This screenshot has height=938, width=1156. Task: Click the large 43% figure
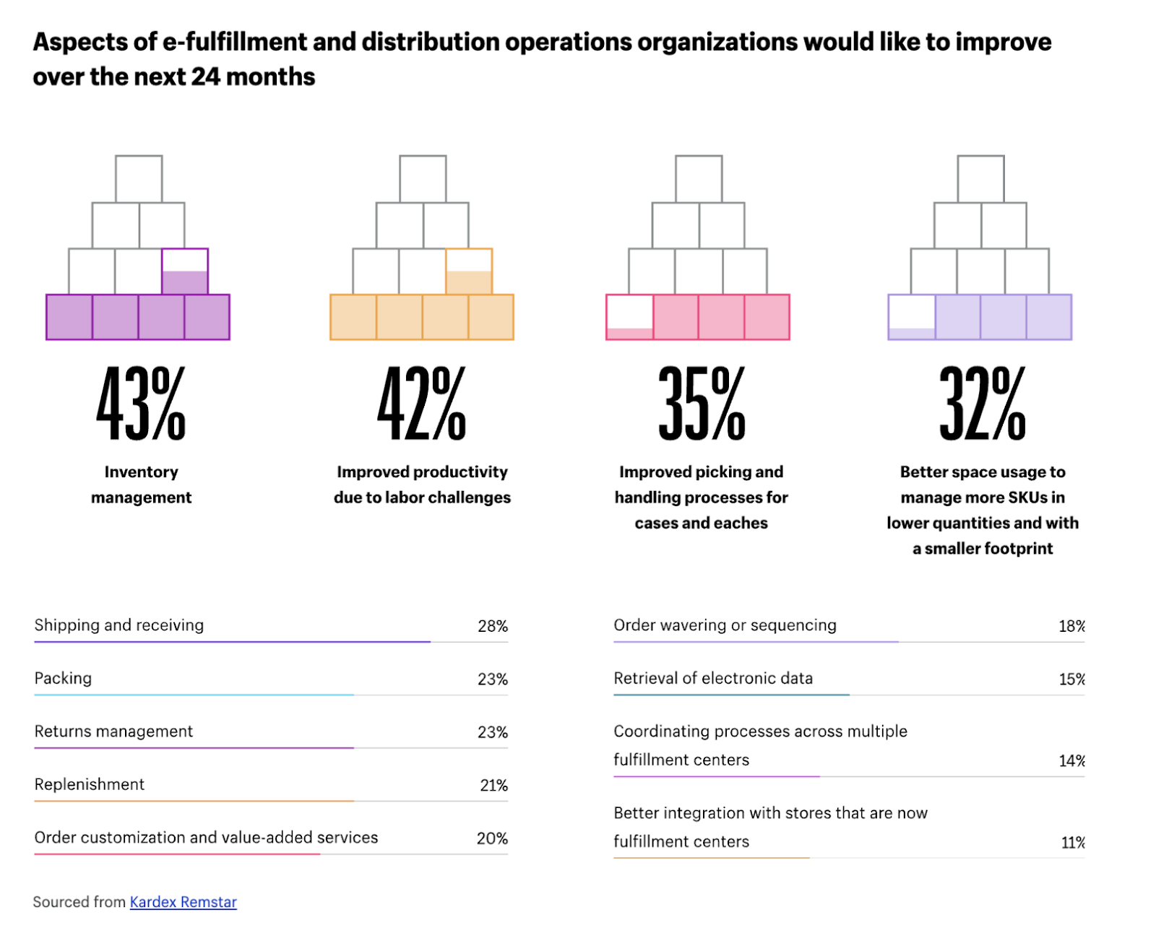(x=141, y=403)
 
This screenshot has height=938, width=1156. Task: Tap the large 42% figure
(x=422, y=403)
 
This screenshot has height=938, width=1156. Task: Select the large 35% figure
(x=702, y=403)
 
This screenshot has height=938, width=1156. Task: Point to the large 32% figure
(x=983, y=403)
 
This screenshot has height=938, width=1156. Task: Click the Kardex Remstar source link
(x=183, y=902)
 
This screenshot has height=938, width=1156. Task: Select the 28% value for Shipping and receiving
(x=492, y=626)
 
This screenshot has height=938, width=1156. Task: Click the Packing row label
(x=63, y=678)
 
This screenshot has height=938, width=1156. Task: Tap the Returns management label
(x=113, y=731)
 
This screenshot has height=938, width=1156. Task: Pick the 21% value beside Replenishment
(x=493, y=785)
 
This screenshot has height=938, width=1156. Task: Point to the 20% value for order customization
(x=492, y=838)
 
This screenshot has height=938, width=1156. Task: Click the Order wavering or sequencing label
(x=725, y=625)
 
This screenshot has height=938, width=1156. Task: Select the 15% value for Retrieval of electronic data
(x=1071, y=679)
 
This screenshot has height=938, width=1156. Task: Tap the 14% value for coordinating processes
(x=1071, y=760)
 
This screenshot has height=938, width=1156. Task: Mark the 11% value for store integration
(x=1072, y=842)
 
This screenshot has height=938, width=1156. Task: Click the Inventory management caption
(x=141, y=485)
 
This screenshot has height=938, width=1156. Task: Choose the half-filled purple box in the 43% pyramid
(x=185, y=272)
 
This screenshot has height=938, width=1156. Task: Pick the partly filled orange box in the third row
(x=469, y=272)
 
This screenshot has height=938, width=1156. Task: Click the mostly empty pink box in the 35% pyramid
(x=630, y=317)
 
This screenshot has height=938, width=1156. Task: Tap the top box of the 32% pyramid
(x=980, y=179)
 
